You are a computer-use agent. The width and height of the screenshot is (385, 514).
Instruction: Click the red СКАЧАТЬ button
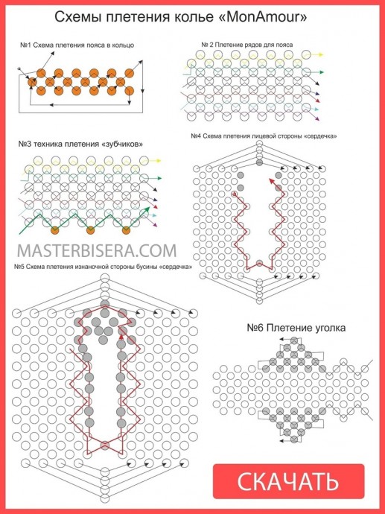coord(289,481)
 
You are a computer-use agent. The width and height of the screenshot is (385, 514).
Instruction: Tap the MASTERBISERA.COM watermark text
coord(97,251)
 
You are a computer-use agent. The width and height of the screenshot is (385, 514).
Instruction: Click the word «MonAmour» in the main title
coord(262,16)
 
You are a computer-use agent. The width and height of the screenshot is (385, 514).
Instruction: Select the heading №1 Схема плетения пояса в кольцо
coord(77,45)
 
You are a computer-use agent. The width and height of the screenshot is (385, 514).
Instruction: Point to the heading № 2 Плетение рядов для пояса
coord(247,45)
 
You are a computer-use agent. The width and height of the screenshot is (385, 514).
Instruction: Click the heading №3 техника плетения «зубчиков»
coord(80,144)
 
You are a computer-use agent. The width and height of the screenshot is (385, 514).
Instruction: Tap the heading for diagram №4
coord(264,136)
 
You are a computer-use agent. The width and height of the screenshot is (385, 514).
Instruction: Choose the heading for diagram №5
coord(103,267)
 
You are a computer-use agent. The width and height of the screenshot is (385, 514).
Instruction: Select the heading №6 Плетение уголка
coord(296,328)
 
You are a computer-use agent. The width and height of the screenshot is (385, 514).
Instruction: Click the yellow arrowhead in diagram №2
coord(320,54)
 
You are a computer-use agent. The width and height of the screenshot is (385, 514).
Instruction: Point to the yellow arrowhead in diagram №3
coord(159,161)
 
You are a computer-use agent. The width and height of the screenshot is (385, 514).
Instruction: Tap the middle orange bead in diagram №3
coord(90,230)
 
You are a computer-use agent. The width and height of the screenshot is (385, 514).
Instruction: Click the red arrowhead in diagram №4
coord(272,180)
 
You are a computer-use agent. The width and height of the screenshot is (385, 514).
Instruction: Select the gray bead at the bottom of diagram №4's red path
coord(259,263)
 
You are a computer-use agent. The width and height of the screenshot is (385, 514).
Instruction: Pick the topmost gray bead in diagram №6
coord(294,340)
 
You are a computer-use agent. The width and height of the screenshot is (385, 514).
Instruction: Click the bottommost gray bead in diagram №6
coord(294,440)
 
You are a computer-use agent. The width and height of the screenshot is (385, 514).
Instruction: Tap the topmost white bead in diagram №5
coord(104,278)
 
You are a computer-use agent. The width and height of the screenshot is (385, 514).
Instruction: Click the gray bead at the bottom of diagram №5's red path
coord(105,445)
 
